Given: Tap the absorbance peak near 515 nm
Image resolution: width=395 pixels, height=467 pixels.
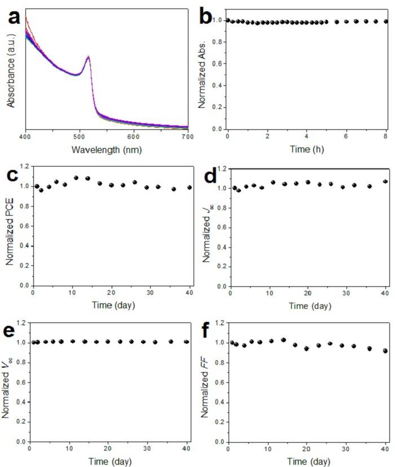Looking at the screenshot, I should (88, 56).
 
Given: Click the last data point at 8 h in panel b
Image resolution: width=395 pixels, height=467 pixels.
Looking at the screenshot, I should (385, 21).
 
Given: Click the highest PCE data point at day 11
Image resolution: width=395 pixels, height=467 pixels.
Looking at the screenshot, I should (76, 178).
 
